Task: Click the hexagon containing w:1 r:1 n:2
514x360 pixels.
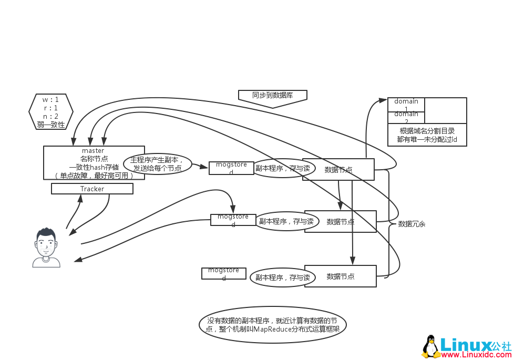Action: pos(50,112)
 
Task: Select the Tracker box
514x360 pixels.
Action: pos(92,189)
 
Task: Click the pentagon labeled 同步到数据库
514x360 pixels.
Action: pos(272,97)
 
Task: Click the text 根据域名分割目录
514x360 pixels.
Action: pos(427,131)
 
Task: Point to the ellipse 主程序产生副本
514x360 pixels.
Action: pos(157,163)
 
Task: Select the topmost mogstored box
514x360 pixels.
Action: pos(231,168)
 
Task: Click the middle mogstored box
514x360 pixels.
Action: pos(233,220)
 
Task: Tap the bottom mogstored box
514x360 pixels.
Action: pos(223,273)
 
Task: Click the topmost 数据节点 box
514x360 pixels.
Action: pos(338,169)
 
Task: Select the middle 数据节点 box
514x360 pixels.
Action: pos(340,221)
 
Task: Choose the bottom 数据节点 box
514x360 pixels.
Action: pos(340,276)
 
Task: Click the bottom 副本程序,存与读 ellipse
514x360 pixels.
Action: pos(282,277)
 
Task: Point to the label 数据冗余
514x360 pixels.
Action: pos(412,224)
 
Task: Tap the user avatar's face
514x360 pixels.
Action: pos(46,244)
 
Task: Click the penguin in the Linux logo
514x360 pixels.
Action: pos(431,347)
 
